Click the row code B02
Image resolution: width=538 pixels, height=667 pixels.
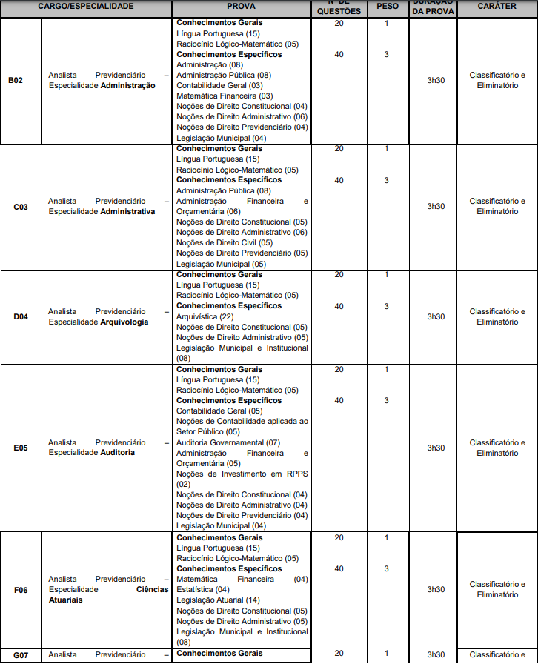(16, 80)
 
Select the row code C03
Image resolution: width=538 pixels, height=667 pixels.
(21, 207)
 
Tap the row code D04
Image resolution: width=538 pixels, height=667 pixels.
(21, 317)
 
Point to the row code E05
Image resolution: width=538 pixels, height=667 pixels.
(21, 448)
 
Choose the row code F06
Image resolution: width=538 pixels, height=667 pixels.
(21, 590)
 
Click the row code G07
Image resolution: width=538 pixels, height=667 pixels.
(21, 655)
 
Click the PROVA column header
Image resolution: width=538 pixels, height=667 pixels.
(242, 6)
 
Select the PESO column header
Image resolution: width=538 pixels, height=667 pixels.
(387, 6)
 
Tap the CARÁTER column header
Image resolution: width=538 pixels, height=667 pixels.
(497, 6)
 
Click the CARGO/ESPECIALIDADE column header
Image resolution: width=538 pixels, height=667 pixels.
(86, 6)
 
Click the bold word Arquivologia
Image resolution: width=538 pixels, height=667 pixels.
(124, 322)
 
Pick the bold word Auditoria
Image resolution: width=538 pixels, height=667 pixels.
(118, 453)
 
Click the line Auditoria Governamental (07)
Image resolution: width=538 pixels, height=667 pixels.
(228, 442)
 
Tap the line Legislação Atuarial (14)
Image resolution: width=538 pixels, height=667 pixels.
(219, 600)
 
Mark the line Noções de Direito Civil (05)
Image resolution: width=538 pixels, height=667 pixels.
(225, 242)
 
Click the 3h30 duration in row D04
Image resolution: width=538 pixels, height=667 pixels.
(436, 317)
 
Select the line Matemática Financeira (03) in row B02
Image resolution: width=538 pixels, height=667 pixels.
(225, 96)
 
